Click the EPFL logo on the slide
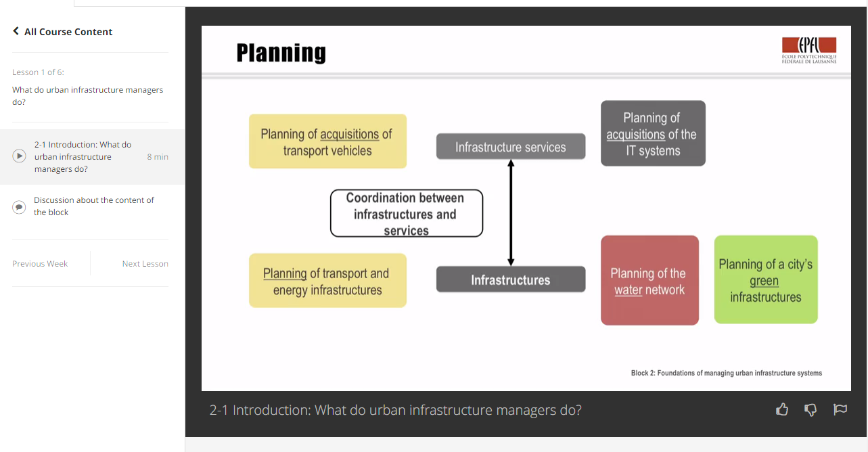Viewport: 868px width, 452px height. (809, 50)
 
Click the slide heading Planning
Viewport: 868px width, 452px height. (281, 53)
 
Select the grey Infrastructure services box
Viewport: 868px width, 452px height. (510, 147)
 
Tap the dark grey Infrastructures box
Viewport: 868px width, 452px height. (510, 279)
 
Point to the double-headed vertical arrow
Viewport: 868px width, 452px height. (511, 213)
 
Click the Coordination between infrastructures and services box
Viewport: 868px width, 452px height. (406, 214)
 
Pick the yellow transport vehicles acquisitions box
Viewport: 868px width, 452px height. (327, 141)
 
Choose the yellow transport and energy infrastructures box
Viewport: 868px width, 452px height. (327, 281)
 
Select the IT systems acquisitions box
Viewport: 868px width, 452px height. (653, 134)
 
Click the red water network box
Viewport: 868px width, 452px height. (649, 280)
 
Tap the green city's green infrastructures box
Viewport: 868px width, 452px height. (766, 279)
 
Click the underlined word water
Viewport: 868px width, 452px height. (628, 290)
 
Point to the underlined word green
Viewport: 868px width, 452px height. (764, 281)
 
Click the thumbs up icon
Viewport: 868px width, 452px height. (782, 409)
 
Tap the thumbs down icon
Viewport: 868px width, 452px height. (810, 409)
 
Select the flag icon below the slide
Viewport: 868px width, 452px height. (840, 409)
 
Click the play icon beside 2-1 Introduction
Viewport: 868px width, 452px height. (20, 156)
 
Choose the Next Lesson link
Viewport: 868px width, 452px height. (145, 264)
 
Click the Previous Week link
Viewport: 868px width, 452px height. (40, 264)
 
